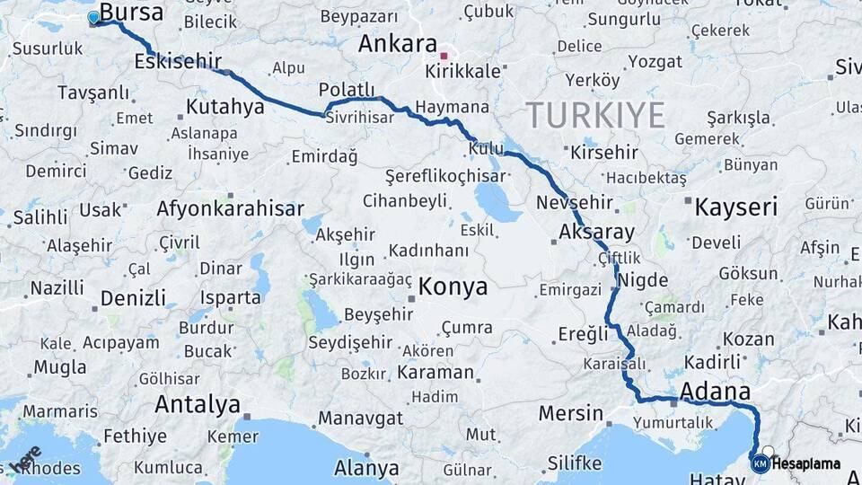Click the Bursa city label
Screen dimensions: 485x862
[x=131, y=13]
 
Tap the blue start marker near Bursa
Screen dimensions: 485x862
[x=93, y=18]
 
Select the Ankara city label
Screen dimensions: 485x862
[x=397, y=44]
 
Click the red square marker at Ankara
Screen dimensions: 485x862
[x=444, y=56]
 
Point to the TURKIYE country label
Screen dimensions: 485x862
[x=594, y=115]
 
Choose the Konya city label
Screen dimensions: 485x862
[x=453, y=287]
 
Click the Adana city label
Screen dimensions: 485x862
[x=715, y=392]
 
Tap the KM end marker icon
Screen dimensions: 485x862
[x=760, y=463]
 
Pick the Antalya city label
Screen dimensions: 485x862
[x=198, y=404]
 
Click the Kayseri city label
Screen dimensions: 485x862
[x=735, y=208]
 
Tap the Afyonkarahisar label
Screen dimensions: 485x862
[x=230, y=209]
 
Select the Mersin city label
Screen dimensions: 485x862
[x=571, y=413]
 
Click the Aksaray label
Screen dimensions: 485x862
[x=596, y=232]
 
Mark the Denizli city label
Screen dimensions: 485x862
[x=133, y=298]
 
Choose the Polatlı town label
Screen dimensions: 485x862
[x=347, y=89]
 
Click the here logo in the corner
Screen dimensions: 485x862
[x=25, y=458]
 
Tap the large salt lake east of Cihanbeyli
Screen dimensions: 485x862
[x=497, y=201]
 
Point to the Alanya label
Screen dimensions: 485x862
[x=366, y=468]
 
